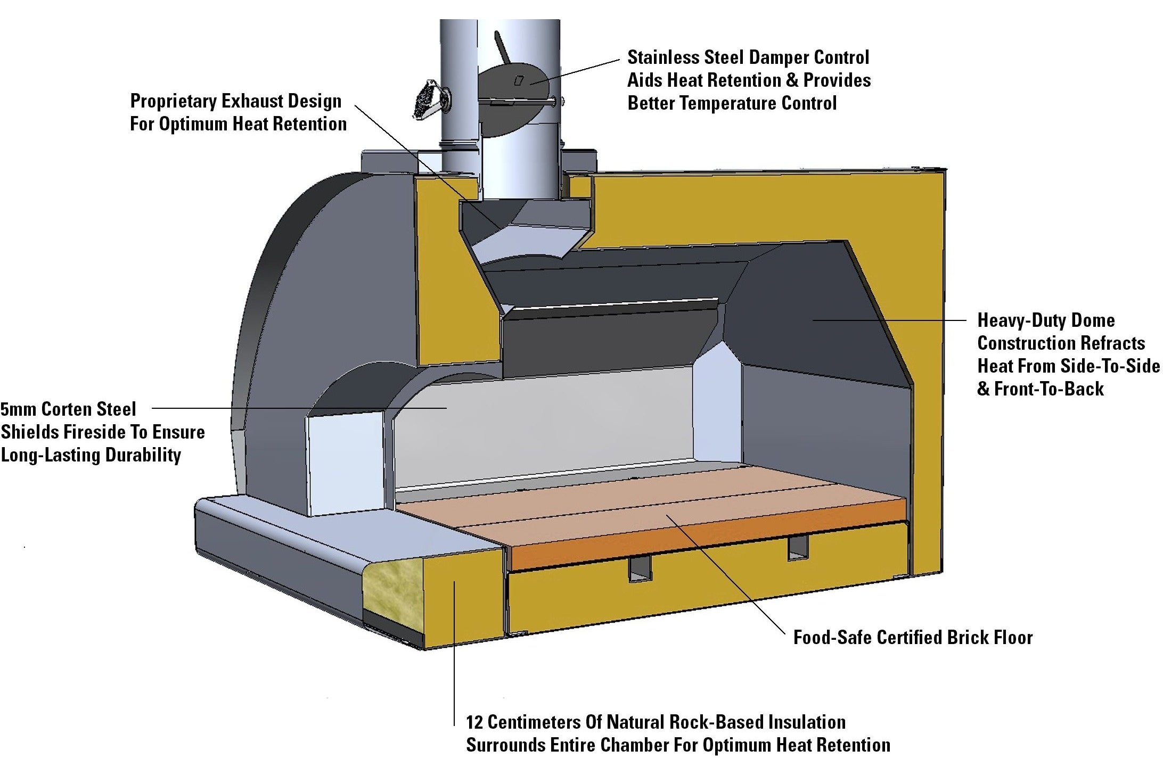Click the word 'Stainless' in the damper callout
pos(662,57)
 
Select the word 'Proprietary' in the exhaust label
pos(173,101)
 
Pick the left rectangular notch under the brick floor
pos(640,570)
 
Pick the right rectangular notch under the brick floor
pos(797,548)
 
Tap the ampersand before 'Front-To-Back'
pos(983,389)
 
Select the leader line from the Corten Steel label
pos(298,408)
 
